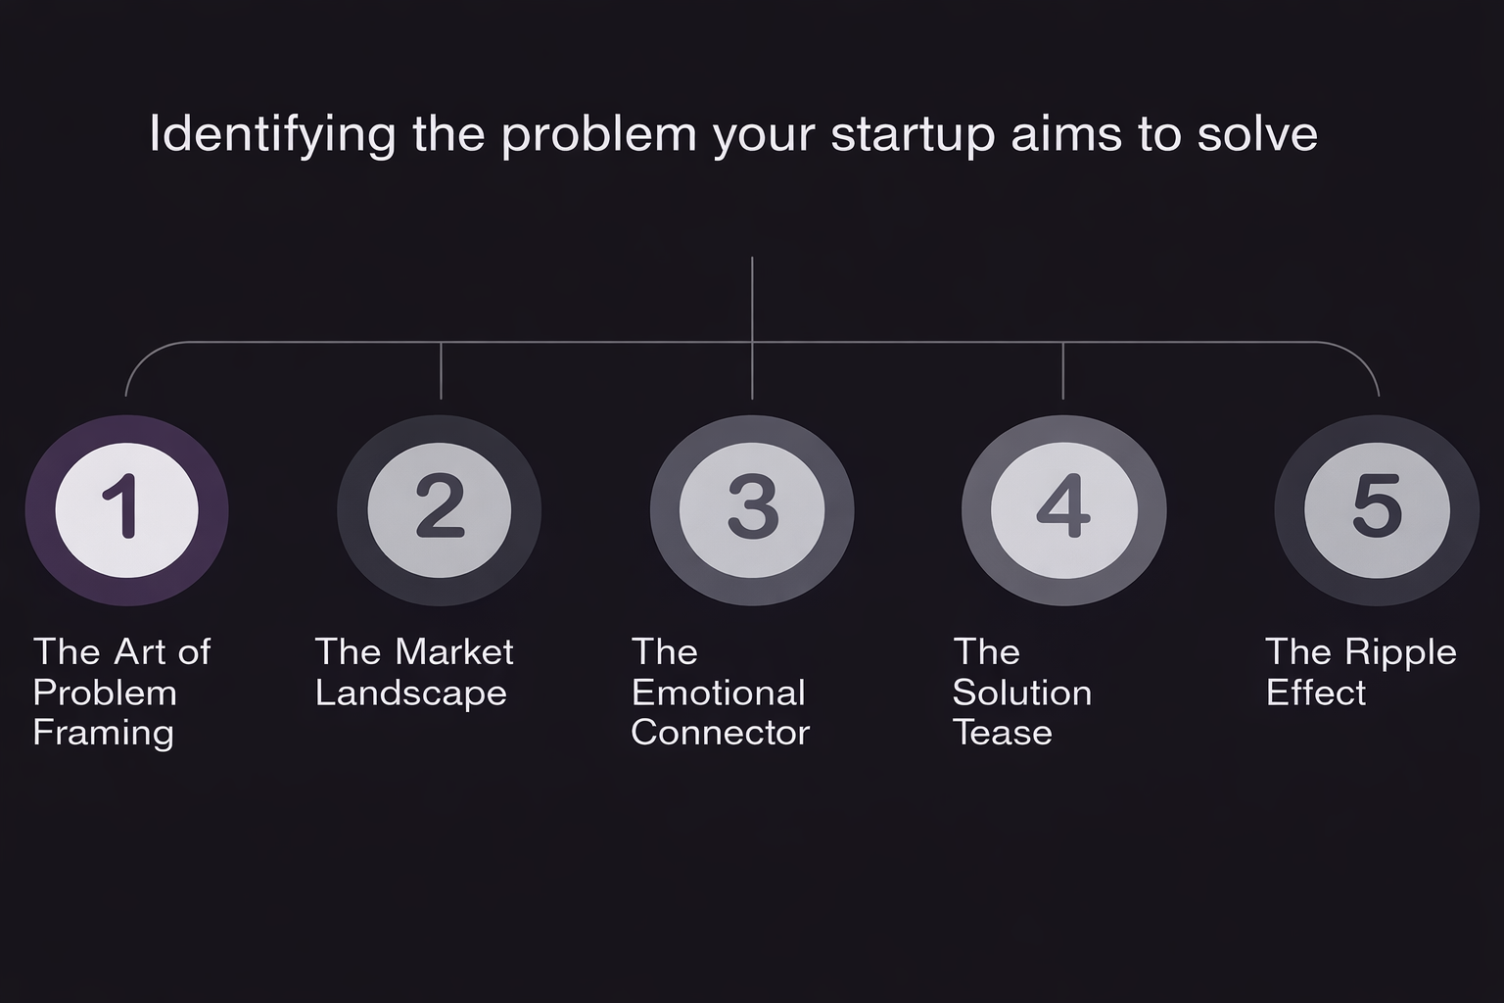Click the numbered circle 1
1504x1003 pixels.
pos(127,510)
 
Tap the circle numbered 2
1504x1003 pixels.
pos(439,510)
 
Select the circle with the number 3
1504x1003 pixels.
pos(752,510)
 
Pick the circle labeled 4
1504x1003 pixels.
pos(1064,510)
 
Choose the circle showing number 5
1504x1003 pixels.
pos(1377,510)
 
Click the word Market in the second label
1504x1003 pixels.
pos(454,651)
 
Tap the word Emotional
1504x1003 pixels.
pos(719,693)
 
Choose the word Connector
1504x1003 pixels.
pos(721,733)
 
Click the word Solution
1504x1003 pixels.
pos(1022,693)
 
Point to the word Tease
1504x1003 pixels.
pos(1003,733)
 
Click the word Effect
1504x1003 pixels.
pos(1316,693)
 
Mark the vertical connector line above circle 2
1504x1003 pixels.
pos(442,371)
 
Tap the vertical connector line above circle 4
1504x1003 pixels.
pos(1062,371)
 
